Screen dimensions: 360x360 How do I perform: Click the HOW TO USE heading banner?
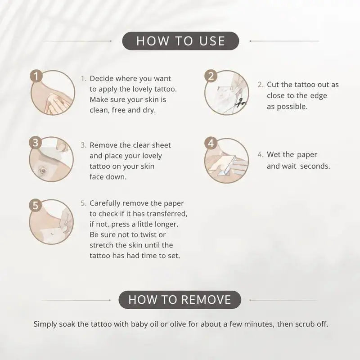[180, 41]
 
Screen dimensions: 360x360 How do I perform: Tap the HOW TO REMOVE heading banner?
[180, 300]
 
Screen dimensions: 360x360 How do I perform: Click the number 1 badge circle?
[36, 76]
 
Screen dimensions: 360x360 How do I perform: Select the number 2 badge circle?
[211, 76]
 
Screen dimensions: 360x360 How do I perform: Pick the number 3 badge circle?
[36, 143]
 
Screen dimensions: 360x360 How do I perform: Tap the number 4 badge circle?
[211, 143]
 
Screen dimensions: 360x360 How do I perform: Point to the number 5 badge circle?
[36, 205]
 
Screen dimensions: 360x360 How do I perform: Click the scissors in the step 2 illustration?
[240, 103]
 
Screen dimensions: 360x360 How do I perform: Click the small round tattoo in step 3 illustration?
[43, 170]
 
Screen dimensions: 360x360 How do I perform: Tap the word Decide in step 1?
[102, 78]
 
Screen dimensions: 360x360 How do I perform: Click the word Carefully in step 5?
[105, 203]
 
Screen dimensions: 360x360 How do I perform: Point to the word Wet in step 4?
[274, 154]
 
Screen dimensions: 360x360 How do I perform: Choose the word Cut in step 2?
[273, 85]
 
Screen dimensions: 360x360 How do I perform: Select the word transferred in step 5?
[167, 214]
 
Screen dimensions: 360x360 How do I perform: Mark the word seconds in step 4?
[315, 166]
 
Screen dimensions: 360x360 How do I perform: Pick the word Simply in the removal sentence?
[45, 324]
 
